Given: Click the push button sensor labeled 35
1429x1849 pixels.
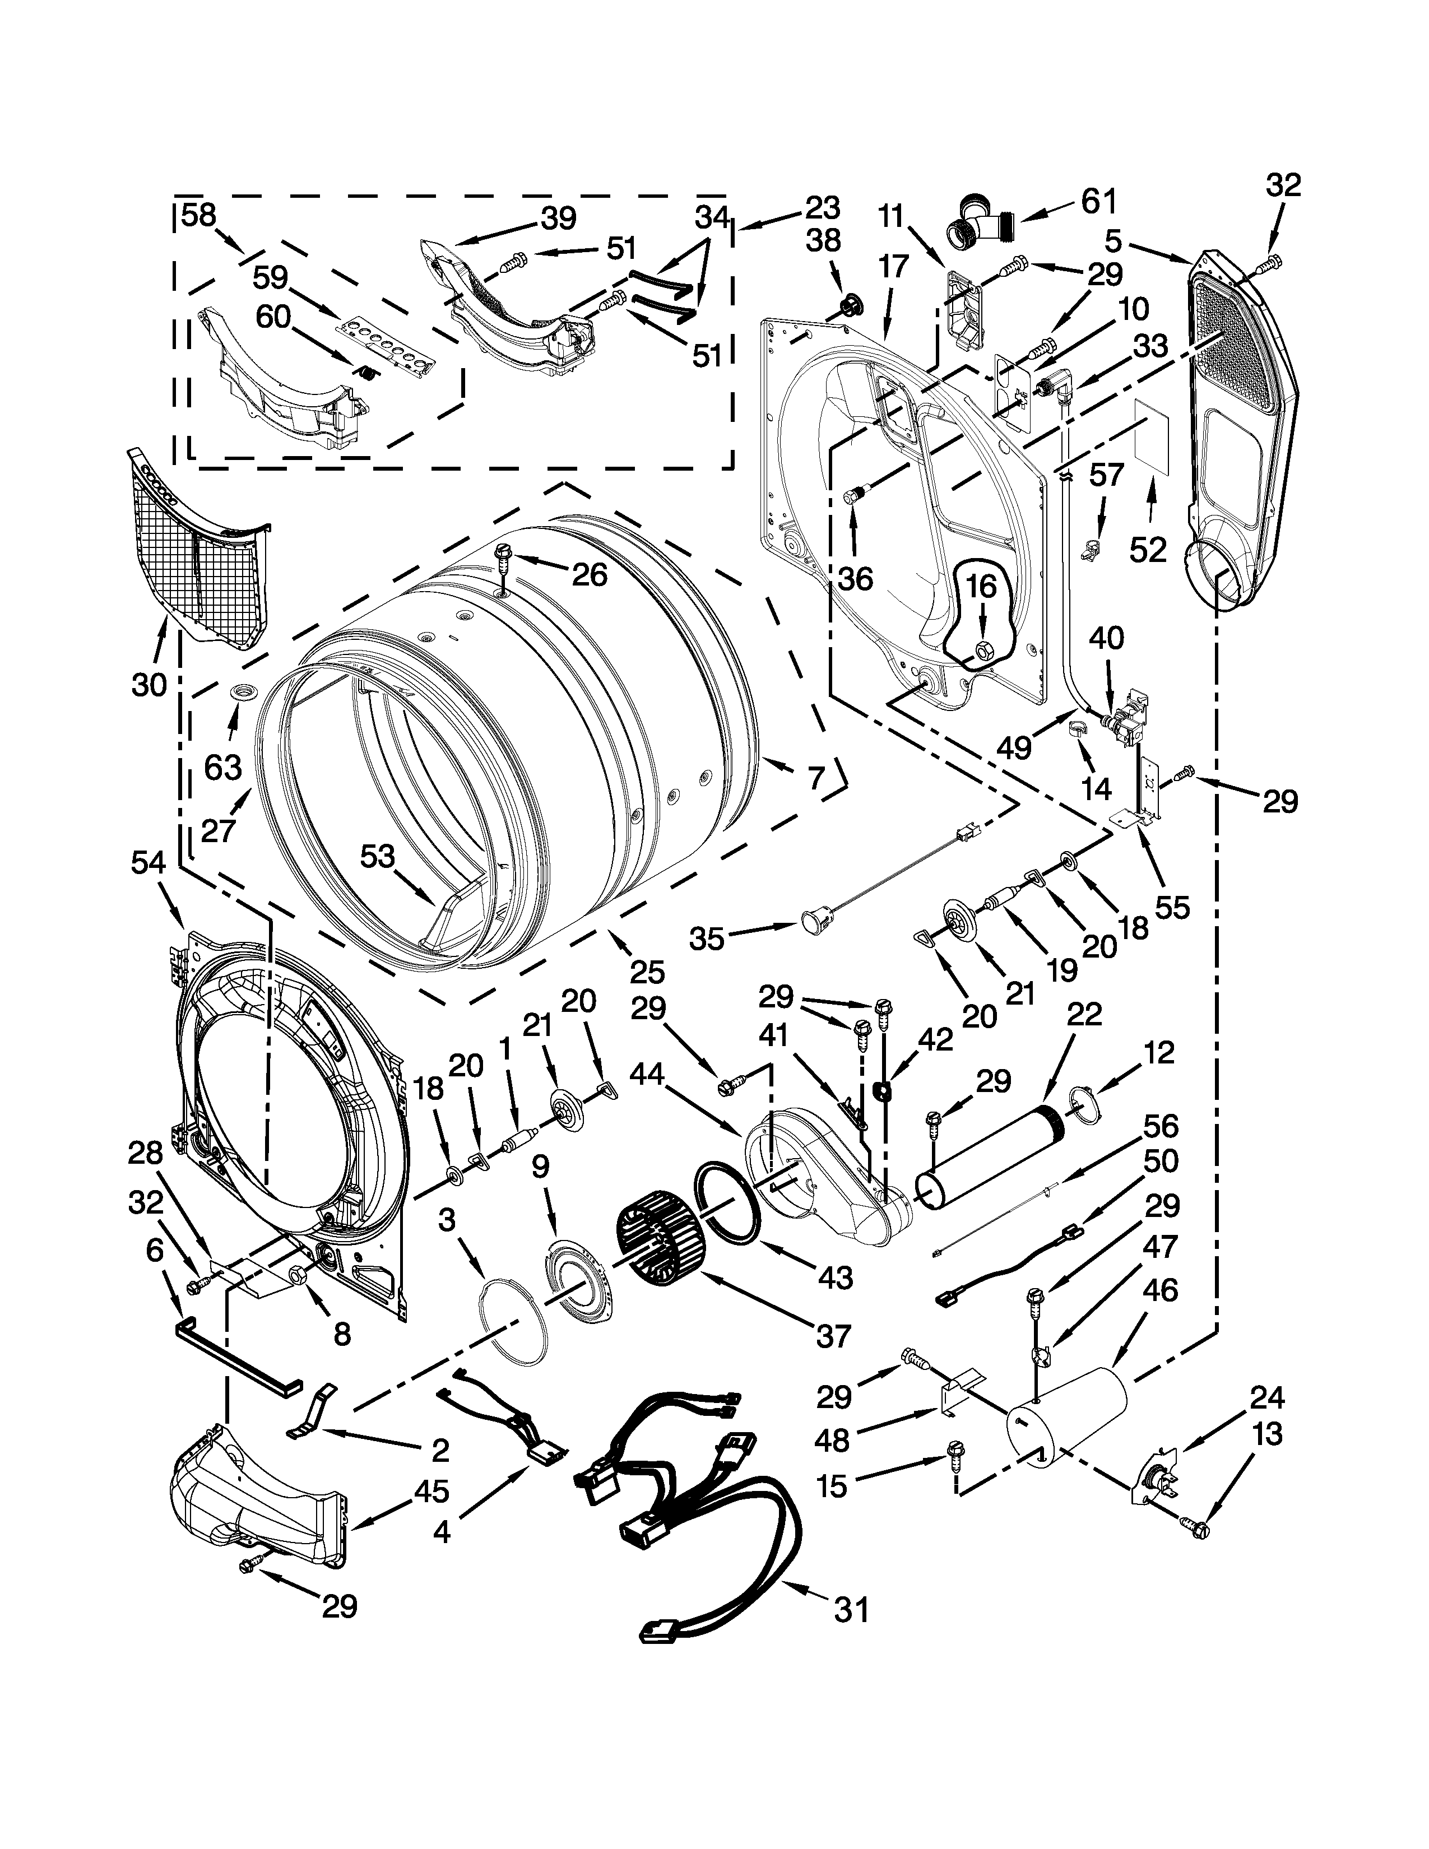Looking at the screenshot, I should coord(815,918).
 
